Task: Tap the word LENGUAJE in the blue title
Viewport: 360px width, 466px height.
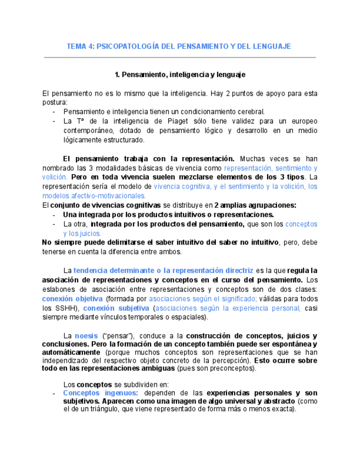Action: (x=269, y=46)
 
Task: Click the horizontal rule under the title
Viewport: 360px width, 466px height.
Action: (x=180, y=57)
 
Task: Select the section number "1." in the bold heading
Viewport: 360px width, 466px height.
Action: (x=117, y=74)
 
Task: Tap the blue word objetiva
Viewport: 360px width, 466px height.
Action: (x=89, y=298)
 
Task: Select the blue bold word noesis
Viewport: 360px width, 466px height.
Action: (x=86, y=336)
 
